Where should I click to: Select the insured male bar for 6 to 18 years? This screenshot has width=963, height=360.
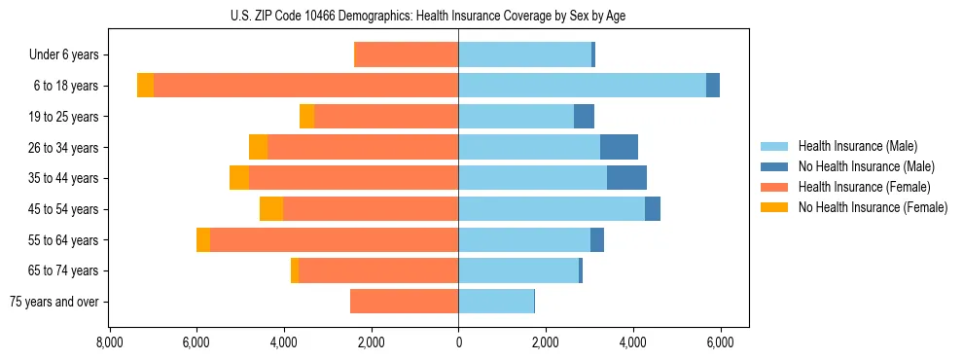click(x=582, y=86)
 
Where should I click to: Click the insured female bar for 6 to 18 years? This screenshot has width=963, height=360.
click(x=305, y=86)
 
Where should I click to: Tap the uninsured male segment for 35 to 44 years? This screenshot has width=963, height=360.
click(x=626, y=178)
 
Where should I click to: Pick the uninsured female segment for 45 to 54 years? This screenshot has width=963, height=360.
click(x=271, y=209)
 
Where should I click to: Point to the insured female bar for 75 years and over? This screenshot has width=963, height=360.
click(x=404, y=302)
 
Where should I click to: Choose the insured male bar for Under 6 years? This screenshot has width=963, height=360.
click(x=524, y=54)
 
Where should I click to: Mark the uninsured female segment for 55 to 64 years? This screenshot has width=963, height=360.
click(x=203, y=240)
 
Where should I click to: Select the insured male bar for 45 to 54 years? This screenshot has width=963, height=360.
click(x=552, y=209)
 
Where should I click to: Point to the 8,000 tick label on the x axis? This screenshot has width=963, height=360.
click(x=109, y=342)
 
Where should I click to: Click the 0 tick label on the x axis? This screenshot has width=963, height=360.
click(x=458, y=342)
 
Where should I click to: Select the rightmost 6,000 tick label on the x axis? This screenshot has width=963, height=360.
click(x=720, y=342)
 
